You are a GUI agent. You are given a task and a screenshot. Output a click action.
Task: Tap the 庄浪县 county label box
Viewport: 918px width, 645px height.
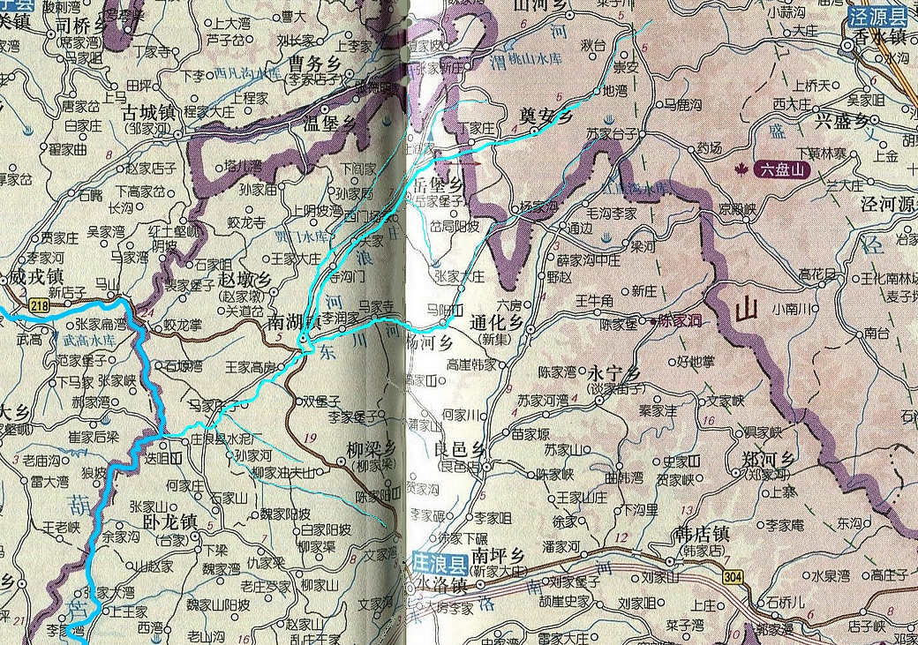click(x=438, y=559)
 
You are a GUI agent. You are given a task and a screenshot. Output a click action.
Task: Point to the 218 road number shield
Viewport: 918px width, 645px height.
click(x=38, y=306)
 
